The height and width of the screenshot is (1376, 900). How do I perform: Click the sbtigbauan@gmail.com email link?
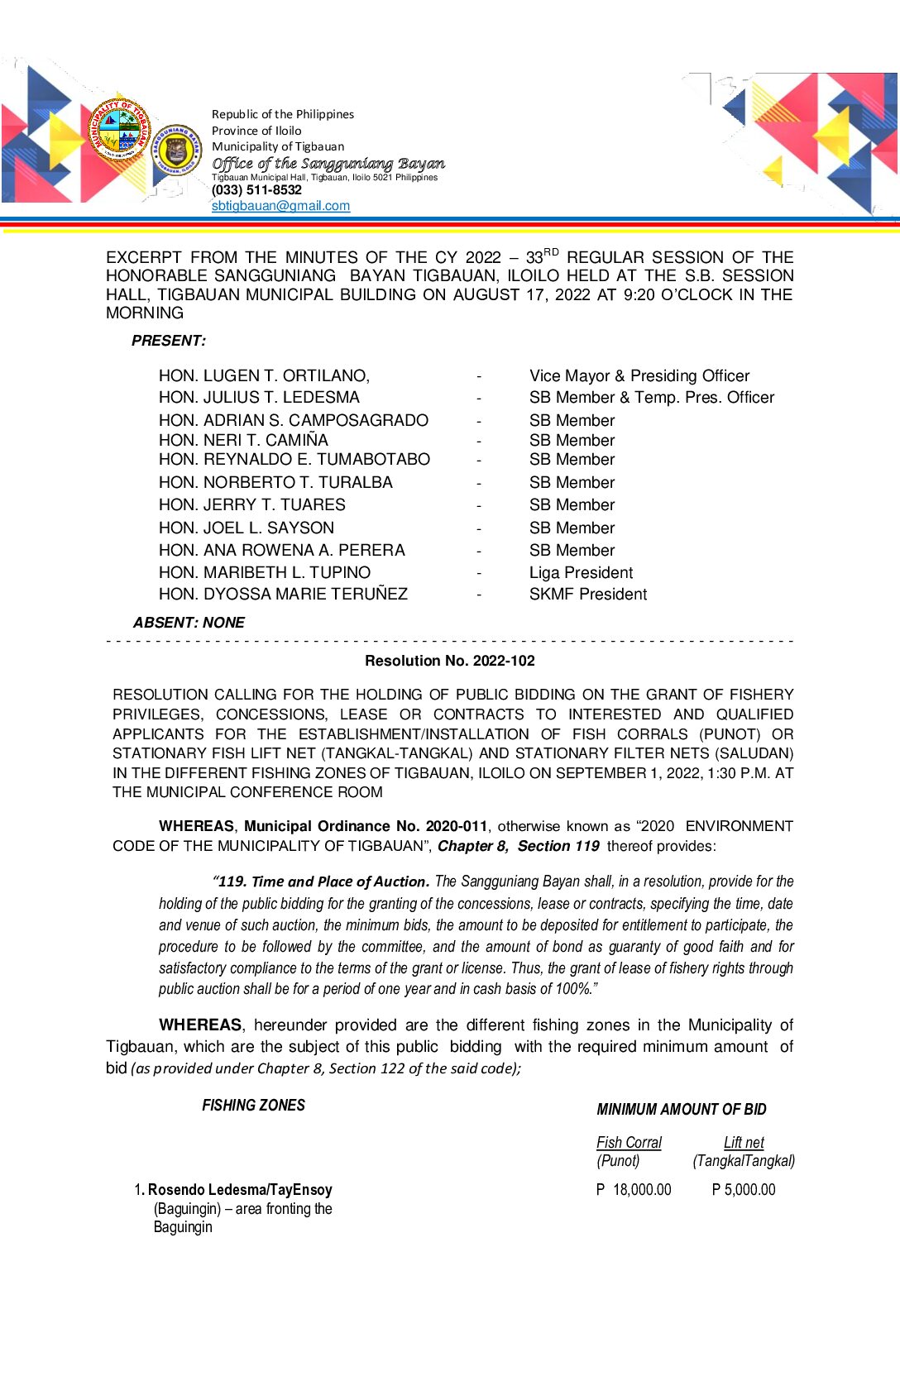[280, 206]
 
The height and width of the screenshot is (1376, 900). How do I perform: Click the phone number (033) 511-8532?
[256, 190]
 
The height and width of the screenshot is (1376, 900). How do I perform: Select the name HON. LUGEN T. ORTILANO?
[264, 376]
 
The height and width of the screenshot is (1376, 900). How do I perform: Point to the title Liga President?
[581, 573]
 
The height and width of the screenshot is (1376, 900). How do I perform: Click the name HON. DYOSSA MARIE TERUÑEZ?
[283, 595]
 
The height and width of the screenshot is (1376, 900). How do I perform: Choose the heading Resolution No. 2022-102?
[449, 661]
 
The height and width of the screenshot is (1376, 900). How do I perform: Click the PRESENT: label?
[169, 341]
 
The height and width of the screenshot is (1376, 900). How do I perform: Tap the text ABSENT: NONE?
[189, 623]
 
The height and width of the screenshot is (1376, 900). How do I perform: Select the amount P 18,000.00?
[634, 1190]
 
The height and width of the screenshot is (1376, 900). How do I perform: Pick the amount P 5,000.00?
[744, 1190]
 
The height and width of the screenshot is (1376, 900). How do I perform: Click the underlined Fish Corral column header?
[629, 1143]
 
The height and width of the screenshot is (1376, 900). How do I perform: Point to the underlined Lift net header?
[744, 1143]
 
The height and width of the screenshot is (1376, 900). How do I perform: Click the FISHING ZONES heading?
[253, 1106]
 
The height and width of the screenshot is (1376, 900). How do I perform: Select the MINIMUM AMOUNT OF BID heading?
[681, 1110]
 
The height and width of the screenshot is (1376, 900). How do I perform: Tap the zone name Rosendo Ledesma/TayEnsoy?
[240, 1190]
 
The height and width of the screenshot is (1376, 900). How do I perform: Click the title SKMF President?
[588, 595]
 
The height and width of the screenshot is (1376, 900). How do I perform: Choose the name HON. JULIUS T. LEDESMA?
[259, 398]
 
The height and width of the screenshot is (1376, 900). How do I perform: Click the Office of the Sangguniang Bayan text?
[328, 164]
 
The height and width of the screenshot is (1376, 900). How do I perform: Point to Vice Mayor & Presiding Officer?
[639, 376]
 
